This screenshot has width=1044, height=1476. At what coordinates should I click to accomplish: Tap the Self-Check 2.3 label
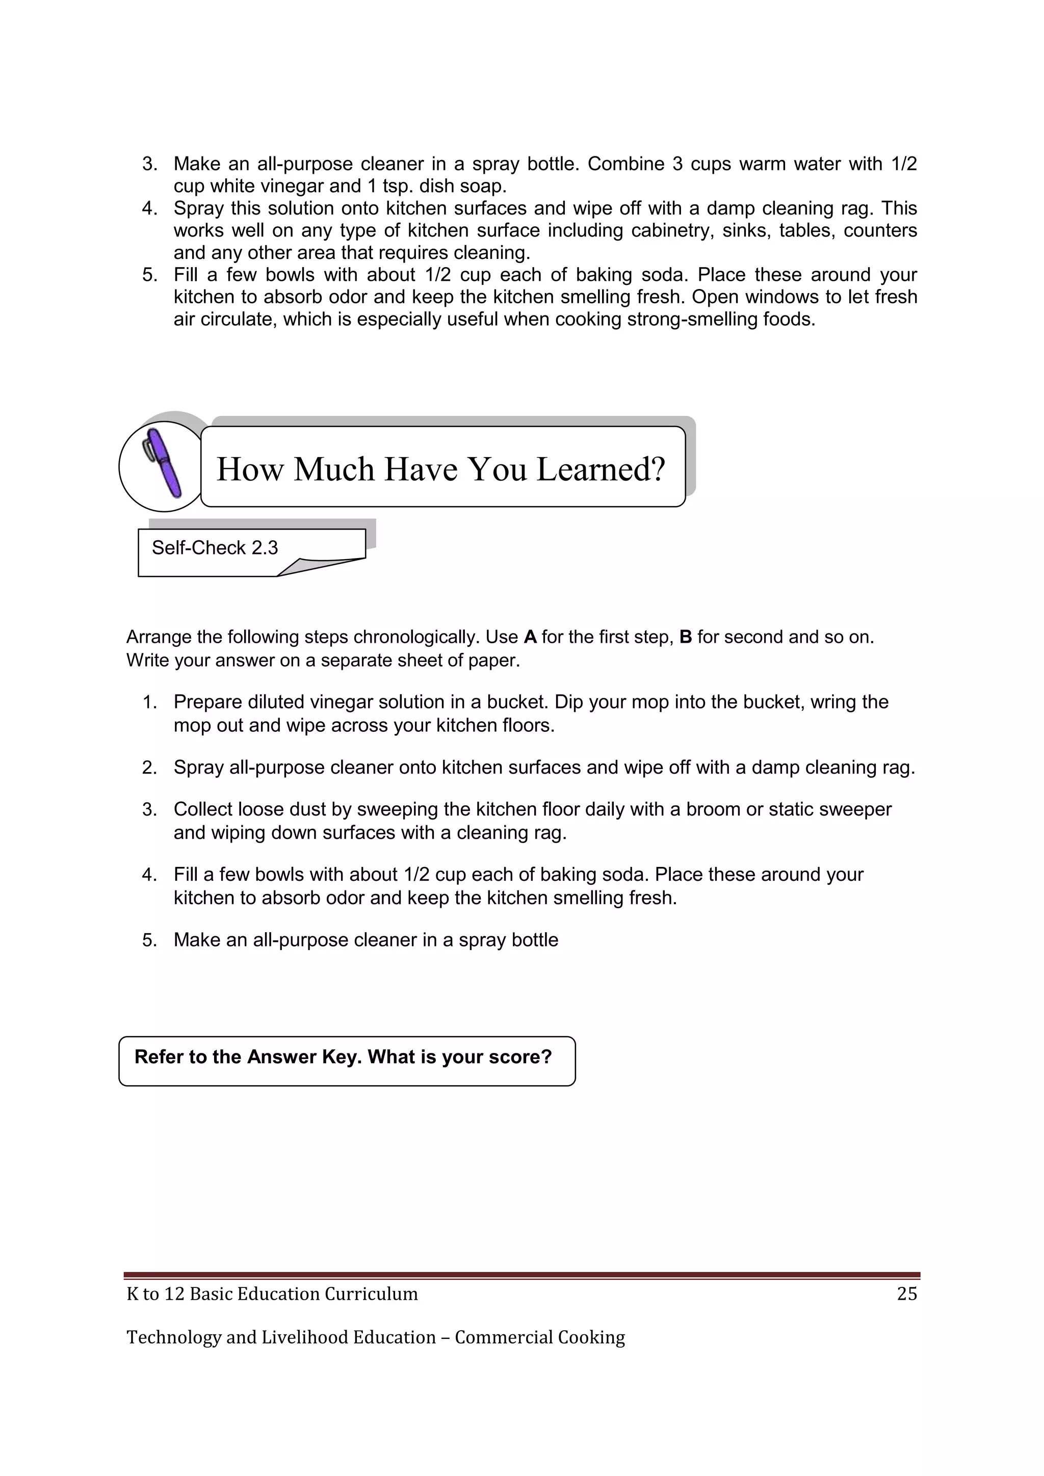215,548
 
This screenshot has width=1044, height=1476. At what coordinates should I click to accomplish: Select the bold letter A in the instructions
530,637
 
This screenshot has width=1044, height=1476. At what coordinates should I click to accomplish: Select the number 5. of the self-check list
150,940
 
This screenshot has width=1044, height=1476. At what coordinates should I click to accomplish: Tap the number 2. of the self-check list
150,768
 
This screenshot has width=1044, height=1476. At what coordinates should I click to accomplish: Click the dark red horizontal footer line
521,1275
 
